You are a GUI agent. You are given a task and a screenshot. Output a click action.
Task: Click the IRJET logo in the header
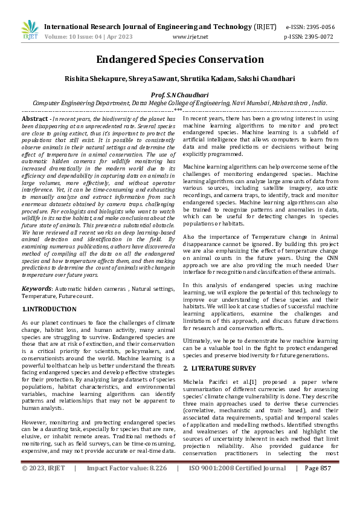coord(29,31)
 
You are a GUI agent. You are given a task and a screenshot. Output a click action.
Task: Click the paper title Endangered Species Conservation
coord(179,60)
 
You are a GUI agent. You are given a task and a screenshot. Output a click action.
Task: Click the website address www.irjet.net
coord(190,36)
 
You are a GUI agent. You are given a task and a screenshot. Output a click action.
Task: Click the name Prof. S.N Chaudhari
coord(179,95)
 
